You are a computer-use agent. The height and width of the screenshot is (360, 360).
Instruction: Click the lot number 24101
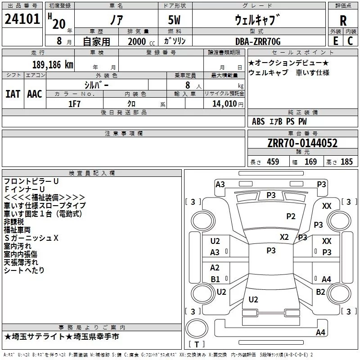22,19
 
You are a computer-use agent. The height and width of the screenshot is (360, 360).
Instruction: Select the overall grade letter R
343,21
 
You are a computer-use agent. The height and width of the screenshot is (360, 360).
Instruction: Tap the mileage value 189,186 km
53,65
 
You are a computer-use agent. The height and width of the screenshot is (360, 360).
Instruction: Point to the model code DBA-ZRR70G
258,41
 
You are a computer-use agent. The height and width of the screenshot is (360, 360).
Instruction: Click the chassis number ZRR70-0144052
302,143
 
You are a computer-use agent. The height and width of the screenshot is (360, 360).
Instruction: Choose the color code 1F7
74,104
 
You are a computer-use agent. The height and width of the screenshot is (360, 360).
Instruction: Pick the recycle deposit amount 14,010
224,104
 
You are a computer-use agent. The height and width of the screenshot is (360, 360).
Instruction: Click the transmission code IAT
13,94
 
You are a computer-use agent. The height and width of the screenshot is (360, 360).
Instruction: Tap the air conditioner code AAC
35,94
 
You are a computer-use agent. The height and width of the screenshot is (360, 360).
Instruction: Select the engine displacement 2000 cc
141,41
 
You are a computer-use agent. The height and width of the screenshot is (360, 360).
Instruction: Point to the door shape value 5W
174,20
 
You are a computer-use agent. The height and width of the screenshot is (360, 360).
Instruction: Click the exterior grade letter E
335,41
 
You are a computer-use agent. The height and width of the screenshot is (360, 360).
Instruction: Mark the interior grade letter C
350,41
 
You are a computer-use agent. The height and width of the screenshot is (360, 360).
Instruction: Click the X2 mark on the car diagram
284,237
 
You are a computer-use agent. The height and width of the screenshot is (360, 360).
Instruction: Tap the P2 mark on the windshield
291,216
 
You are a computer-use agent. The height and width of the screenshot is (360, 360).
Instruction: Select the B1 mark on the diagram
215,279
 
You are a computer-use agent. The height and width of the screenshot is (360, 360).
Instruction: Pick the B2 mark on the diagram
320,292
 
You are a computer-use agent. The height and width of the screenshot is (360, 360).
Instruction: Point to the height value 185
346,162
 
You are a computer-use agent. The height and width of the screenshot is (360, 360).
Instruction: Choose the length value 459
273,162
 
